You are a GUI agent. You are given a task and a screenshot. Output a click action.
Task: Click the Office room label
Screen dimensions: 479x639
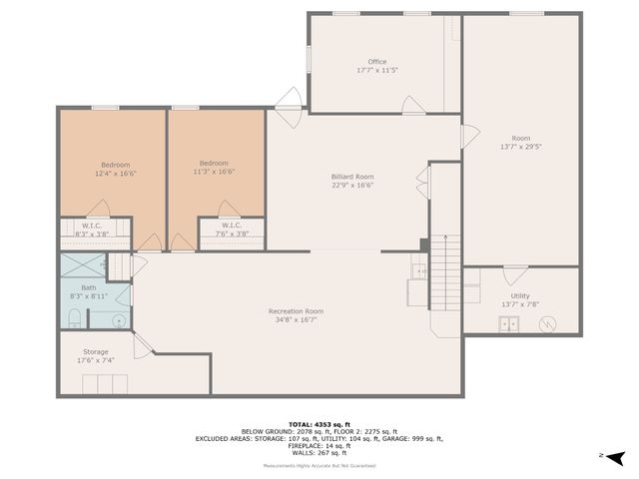(x=376, y=62)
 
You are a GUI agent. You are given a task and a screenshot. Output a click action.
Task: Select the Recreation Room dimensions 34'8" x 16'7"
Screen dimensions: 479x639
(x=296, y=320)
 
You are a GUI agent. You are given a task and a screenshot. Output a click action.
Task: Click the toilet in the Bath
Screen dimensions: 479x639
(x=75, y=317)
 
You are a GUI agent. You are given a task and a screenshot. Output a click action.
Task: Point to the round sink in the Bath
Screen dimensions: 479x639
(x=118, y=321)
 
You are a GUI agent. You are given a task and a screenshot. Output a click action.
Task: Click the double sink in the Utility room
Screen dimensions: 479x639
(x=510, y=323)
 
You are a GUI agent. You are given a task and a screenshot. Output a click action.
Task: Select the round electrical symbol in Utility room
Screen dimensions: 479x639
(x=547, y=323)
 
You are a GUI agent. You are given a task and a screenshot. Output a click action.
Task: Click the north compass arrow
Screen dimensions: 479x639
(x=616, y=457)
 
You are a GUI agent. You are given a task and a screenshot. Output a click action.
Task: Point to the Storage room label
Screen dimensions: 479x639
(x=95, y=351)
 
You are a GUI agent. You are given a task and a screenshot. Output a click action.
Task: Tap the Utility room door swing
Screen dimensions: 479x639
(x=514, y=275)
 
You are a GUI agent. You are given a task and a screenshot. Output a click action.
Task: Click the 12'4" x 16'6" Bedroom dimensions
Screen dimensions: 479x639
(x=115, y=173)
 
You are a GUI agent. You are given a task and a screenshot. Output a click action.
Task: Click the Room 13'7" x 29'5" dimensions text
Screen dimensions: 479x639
(x=521, y=146)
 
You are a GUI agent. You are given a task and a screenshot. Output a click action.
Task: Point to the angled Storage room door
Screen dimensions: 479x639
(x=142, y=345)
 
